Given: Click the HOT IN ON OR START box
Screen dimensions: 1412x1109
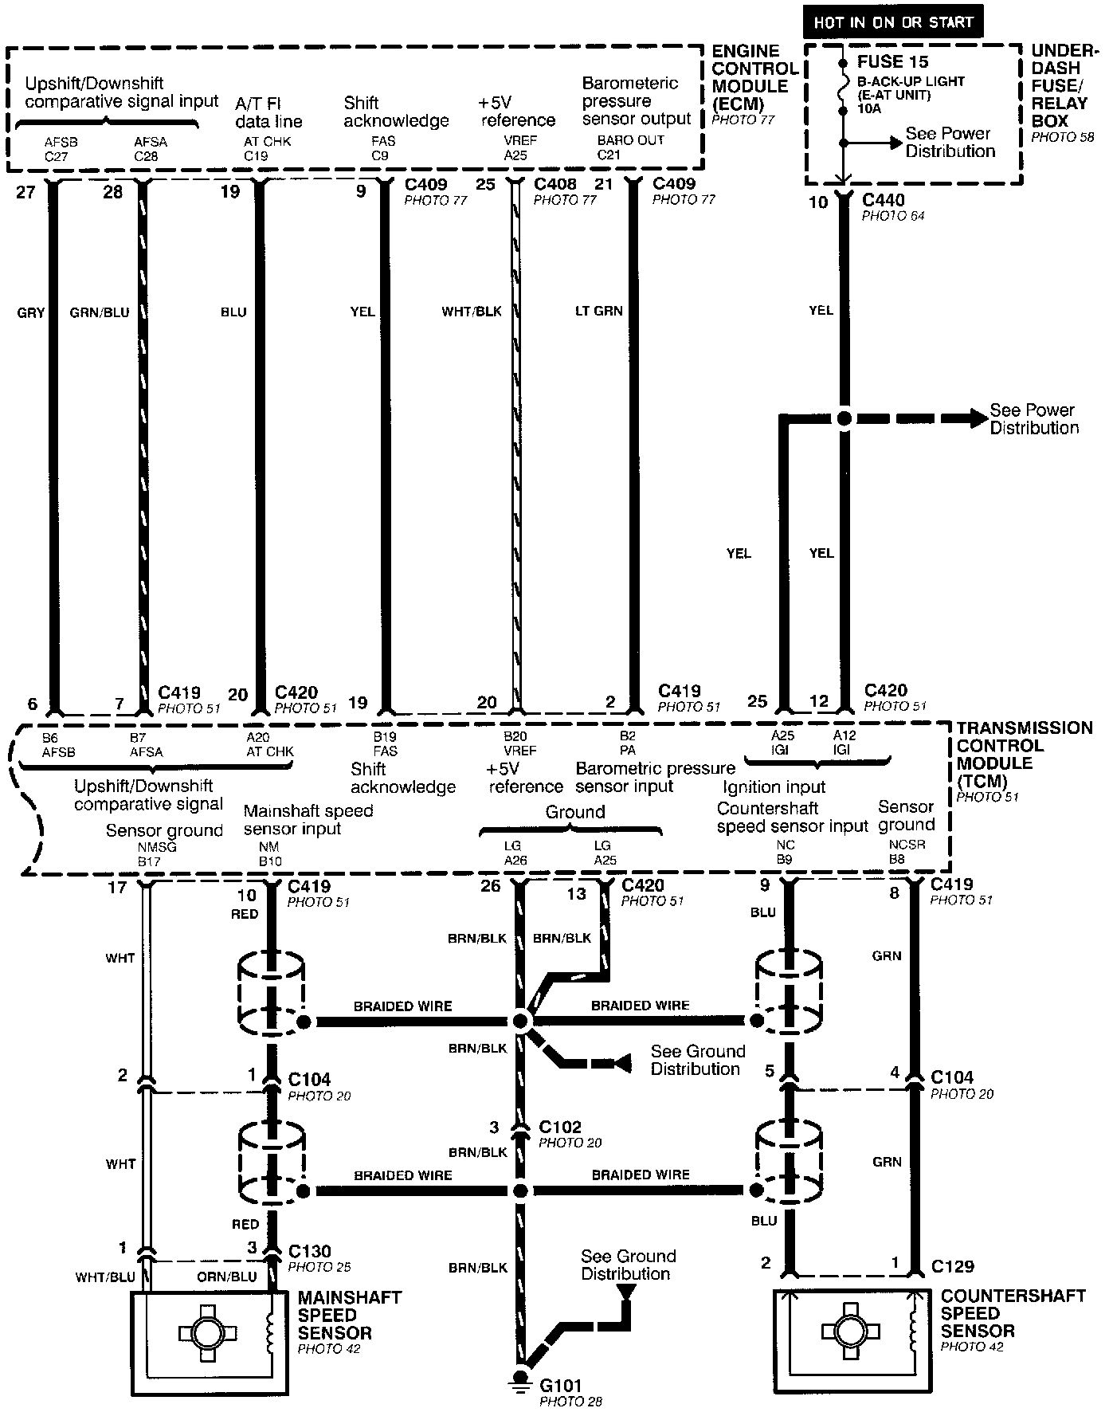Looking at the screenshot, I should pyautogui.click(x=892, y=22).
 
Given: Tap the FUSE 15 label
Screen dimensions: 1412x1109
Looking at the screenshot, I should pyautogui.click(x=892, y=62).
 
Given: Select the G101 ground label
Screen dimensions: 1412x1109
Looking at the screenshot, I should pyautogui.click(x=561, y=1386).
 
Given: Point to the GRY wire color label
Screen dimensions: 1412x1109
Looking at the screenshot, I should pyautogui.click(x=31, y=313).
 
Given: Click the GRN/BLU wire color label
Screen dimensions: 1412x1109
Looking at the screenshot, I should pyautogui.click(x=100, y=313).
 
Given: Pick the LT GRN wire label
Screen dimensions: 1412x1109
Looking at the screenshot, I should pyautogui.click(x=599, y=311).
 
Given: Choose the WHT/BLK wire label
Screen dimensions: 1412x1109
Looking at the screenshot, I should pyautogui.click(x=472, y=312).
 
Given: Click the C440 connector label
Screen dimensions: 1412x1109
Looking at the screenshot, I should pyautogui.click(x=884, y=201).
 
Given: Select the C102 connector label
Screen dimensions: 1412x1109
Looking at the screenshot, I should pyautogui.click(x=560, y=1128).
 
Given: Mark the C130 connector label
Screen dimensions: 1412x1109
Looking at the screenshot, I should pyautogui.click(x=309, y=1251).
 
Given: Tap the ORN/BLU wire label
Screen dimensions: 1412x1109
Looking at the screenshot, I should pyautogui.click(x=227, y=1277).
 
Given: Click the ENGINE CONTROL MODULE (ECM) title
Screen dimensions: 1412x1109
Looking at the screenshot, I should pyautogui.click(x=754, y=77).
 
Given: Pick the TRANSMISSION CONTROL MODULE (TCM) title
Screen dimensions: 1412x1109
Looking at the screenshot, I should pyautogui.click(x=1024, y=755).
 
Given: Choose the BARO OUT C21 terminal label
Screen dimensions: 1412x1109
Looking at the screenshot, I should pyautogui.click(x=619, y=147).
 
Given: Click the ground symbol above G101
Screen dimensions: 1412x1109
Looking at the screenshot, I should pyautogui.click(x=520, y=1379).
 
